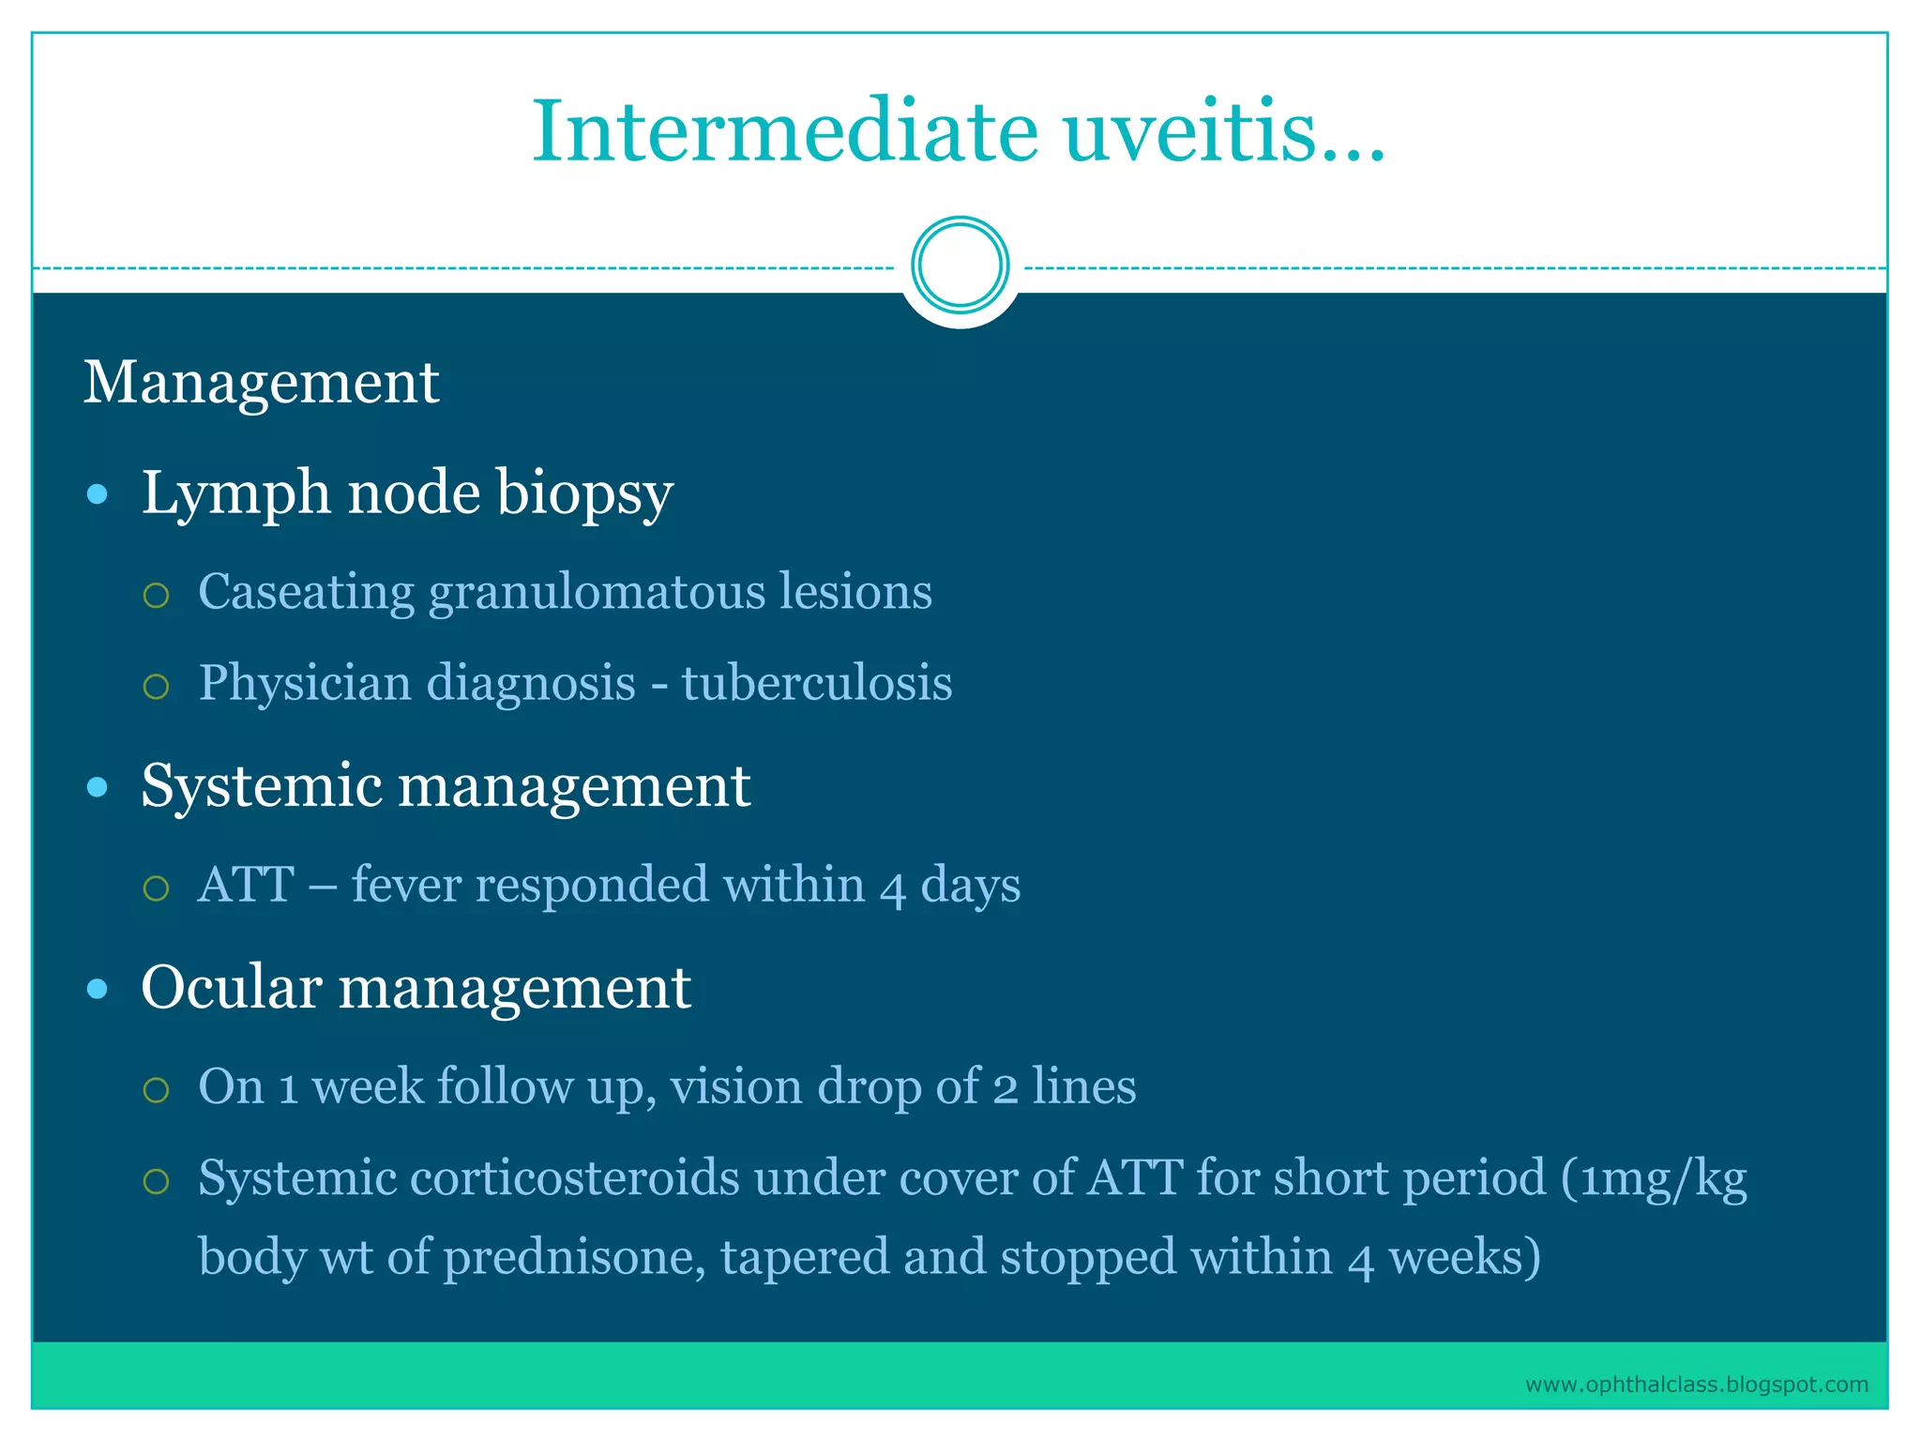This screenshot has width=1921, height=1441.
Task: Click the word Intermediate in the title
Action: click(x=785, y=131)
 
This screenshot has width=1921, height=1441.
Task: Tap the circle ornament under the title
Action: click(x=960, y=265)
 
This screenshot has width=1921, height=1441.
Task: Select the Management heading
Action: click(x=261, y=383)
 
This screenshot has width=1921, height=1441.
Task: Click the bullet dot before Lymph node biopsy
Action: click(x=98, y=494)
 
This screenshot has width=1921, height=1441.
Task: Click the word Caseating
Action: click(x=306, y=592)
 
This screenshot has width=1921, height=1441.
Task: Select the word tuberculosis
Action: click(x=816, y=682)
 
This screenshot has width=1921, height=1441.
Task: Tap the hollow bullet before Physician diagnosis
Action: click(x=156, y=686)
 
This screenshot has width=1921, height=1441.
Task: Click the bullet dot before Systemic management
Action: click(x=98, y=786)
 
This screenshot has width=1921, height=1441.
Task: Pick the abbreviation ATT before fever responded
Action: click(x=247, y=885)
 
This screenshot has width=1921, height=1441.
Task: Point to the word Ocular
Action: click(x=232, y=988)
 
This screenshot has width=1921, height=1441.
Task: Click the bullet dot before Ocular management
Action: click(x=98, y=989)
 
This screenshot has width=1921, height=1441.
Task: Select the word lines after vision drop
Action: click(x=1083, y=1086)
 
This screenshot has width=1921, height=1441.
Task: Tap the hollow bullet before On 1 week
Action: click(x=156, y=1089)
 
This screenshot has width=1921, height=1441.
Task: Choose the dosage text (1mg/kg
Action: click(x=1654, y=1179)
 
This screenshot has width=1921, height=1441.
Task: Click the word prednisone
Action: click(x=574, y=1257)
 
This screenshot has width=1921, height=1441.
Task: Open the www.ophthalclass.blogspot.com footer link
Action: click(x=1696, y=1385)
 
